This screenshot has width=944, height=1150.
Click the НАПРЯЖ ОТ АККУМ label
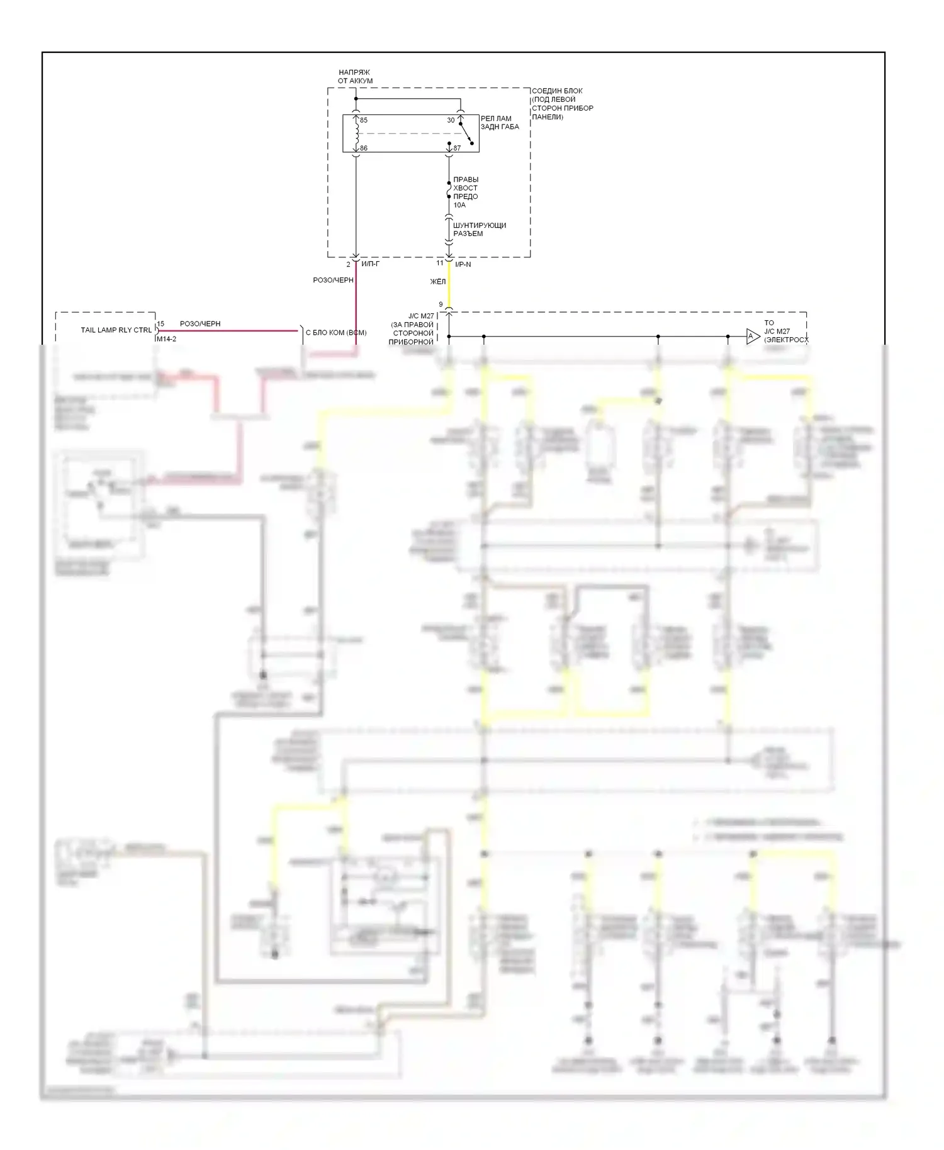pos(355,77)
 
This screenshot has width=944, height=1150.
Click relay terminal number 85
pos(364,120)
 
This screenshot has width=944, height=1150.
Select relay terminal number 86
pos(364,148)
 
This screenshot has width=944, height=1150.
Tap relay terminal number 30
pos(451,120)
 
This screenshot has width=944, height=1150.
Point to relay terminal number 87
pos(457,148)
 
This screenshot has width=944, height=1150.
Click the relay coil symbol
pos(357,133)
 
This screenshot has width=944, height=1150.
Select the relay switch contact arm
pos(466,133)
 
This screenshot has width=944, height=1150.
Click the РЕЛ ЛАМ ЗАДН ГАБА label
pos(500,123)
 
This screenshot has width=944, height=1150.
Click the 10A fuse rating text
pos(459,205)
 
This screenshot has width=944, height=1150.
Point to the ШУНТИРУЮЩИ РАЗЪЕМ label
pos(480,230)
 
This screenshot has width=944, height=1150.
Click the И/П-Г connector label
pos(370,264)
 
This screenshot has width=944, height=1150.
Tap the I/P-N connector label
pos(463,265)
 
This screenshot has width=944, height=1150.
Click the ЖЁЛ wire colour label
pos(437,282)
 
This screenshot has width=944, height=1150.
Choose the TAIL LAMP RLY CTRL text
pos(116,330)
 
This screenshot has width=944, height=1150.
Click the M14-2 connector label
pos(166,339)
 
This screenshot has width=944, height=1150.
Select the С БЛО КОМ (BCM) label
pos(335,333)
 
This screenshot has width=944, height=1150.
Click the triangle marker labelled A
pos(752,337)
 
